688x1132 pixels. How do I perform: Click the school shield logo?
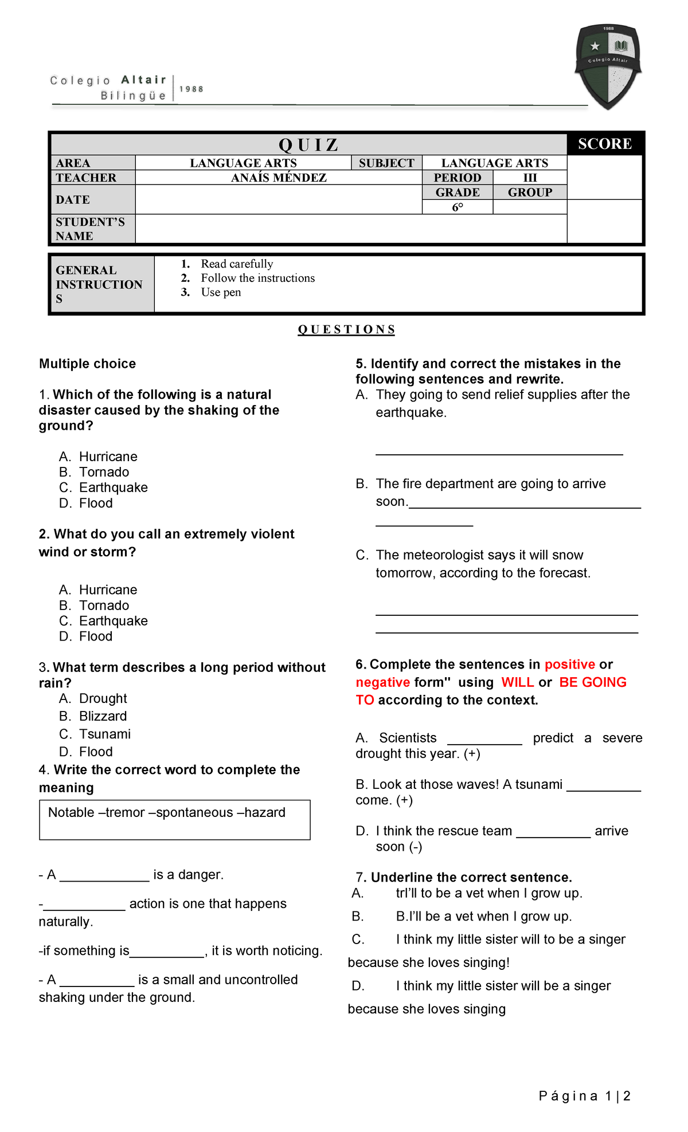608,66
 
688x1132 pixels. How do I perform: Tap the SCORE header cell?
605,144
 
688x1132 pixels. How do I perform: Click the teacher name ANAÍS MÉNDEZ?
279,178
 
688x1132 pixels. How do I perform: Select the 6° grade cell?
457,207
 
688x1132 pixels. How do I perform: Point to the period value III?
530,178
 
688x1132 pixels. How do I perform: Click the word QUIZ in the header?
308,144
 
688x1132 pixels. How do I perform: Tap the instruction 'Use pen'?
221,292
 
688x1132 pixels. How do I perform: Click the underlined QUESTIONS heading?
346,329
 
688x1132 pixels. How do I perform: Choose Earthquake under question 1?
113,488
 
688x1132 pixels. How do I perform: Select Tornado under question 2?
104,606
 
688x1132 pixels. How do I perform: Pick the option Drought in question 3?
103,698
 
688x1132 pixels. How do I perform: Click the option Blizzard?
103,716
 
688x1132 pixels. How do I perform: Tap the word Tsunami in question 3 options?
104,734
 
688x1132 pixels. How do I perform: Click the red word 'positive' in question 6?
569,665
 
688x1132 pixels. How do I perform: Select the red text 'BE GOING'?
592,682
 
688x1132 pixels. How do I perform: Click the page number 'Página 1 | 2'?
584,1096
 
